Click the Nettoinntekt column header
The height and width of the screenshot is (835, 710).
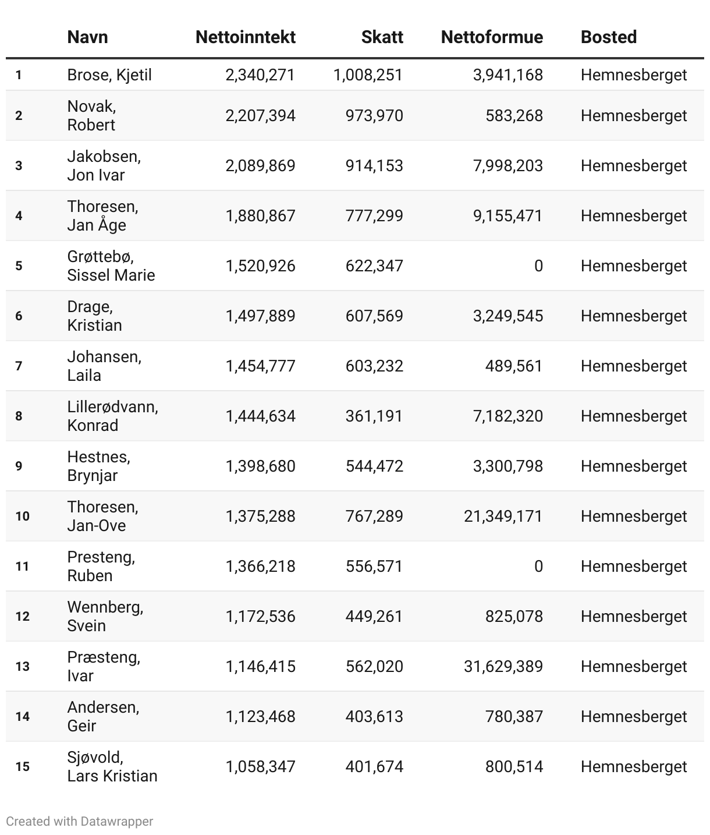point(245,37)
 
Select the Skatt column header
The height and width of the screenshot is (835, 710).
point(382,37)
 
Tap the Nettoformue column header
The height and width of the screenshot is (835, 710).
point(492,37)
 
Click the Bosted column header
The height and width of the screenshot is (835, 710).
point(608,37)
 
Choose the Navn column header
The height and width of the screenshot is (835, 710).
point(87,37)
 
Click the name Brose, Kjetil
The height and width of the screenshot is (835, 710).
point(109,75)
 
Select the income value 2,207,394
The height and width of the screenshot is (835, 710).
point(260,116)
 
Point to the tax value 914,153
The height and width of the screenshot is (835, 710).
point(374,166)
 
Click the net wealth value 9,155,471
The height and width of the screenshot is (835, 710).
point(507,216)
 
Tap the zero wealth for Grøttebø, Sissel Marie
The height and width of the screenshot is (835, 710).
point(538,266)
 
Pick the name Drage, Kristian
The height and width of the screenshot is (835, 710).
point(94,316)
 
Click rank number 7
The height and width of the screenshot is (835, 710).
point(19,366)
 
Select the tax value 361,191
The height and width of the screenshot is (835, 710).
point(374,416)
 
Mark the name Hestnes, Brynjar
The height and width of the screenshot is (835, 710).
point(98,466)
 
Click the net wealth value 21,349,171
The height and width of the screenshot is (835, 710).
point(503,516)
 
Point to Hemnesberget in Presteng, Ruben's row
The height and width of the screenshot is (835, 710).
point(634,567)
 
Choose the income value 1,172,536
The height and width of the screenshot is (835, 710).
point(260,617)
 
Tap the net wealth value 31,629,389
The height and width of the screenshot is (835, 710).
point(503,667)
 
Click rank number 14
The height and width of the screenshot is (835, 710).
point(22,717)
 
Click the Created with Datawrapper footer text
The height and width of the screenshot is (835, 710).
point(80,822)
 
